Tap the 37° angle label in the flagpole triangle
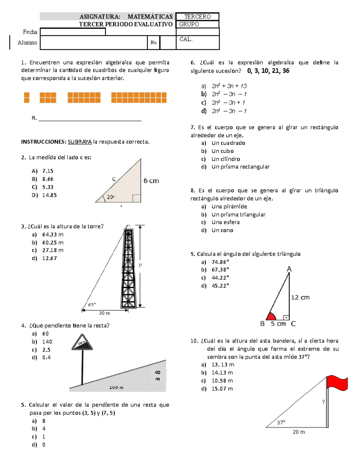pos(281,422)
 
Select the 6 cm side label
pos(151,181)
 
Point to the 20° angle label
pos(111,197)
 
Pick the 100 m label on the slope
pos(116,387)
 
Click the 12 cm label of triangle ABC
pos(300,297)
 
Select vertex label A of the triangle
pos(289,269)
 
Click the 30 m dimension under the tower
pos(104,313)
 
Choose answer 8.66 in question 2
pos(48,179)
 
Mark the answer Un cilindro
pos(226,159)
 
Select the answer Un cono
pos(222,230)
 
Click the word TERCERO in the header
pos(197,17)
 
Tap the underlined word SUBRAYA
pos(79,142)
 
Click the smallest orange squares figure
pos(27,98)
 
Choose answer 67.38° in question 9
pos(220,270)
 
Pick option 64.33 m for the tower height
pos(53,235)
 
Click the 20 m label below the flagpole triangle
pos(299,432)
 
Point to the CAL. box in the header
pos(198,42)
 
